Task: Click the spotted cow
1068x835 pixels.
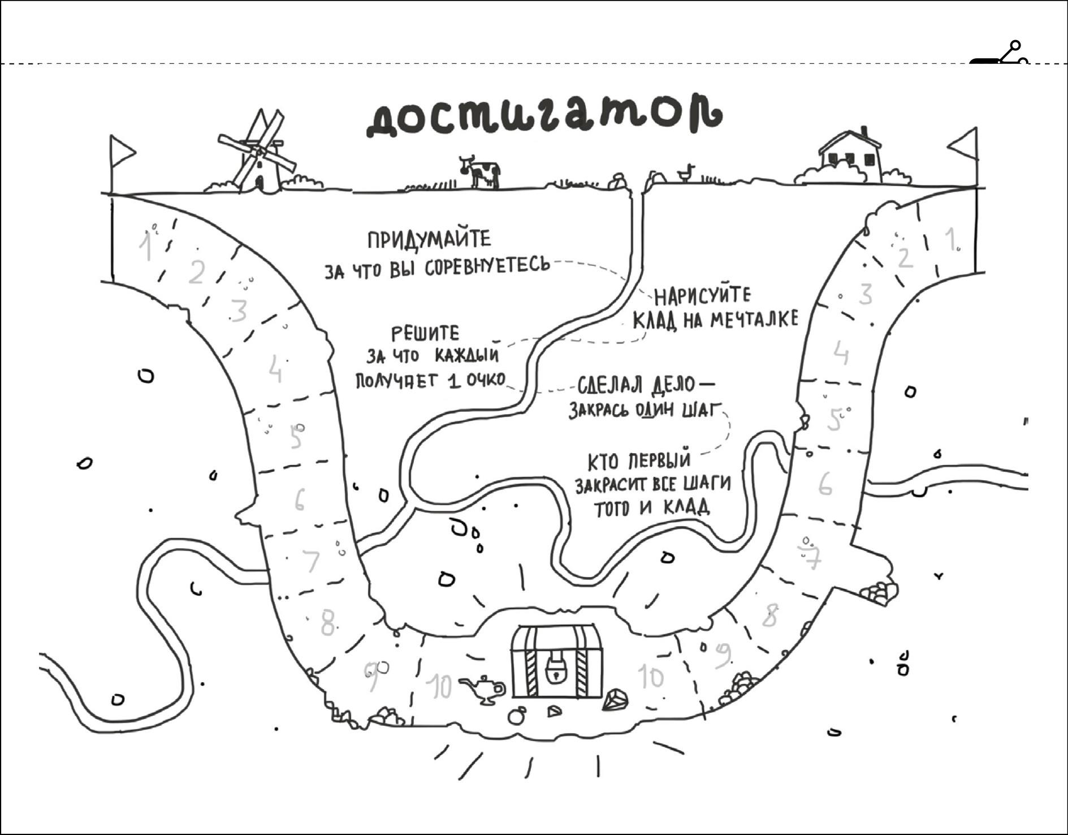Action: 481,171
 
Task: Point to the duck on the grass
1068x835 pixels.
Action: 688,173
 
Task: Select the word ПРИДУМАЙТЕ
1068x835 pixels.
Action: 429,240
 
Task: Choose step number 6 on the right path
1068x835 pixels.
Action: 825,484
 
